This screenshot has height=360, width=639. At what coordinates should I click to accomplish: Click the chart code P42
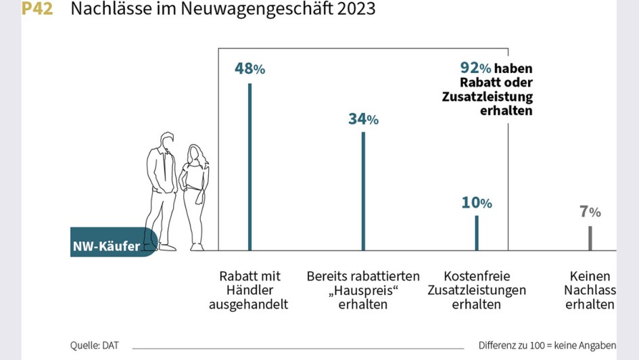(x=38, y=9)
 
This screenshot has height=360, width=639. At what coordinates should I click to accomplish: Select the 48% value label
(x=250, y=68)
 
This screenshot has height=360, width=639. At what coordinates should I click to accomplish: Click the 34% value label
(x=363, y=119)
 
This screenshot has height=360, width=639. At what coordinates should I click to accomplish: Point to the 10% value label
(x=477, y=202)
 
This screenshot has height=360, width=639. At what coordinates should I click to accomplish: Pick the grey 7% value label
(x=590, y=211)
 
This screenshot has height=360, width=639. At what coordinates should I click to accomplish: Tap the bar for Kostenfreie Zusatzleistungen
(x=477, y=233)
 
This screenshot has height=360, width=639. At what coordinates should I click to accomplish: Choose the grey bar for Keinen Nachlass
(x=590, y=238)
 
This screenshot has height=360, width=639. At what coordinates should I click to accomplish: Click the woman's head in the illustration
(x=195, y=154)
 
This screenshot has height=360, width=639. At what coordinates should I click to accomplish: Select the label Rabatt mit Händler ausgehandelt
(x=250, y=290)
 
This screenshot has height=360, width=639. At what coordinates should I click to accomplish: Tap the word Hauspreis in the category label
(x=362, y=290)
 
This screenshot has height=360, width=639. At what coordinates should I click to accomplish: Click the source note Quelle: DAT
(x=94, y=346)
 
